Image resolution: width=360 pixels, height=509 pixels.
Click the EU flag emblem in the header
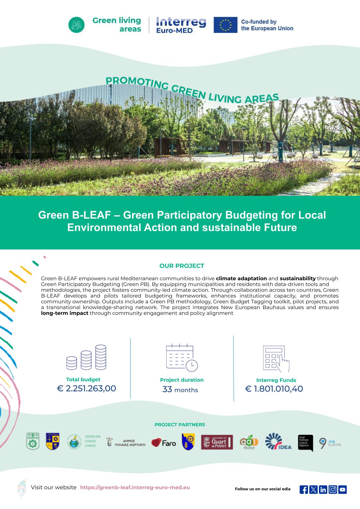click(226, 25)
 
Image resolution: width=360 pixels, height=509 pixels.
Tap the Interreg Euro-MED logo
click(181, 25)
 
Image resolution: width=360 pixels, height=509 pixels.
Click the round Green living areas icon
click(77, 25)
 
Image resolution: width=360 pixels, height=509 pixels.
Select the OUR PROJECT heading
click(182, 266)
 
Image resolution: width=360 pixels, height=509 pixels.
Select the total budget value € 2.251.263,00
click(86, 388)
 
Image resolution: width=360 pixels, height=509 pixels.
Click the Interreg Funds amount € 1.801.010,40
click(274, 389)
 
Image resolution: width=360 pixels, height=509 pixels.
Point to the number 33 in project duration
click(167, 390)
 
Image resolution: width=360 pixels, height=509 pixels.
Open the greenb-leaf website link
click(135, 487)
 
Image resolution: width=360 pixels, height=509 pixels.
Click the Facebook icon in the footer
click(304, 489)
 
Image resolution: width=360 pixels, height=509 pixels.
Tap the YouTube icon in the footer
click(342, 489)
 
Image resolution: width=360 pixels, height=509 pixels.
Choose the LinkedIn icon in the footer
click(323, 489)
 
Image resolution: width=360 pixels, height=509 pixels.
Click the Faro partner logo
click(164, 443)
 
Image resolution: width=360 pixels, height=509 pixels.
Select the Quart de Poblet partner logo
click(217, 442)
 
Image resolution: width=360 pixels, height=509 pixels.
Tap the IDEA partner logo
click(278, 442)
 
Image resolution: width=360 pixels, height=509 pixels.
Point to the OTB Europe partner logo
click(330, 443)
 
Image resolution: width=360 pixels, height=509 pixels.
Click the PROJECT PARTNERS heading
click(180, 425)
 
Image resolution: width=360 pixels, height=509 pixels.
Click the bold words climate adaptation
click(241, 278)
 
